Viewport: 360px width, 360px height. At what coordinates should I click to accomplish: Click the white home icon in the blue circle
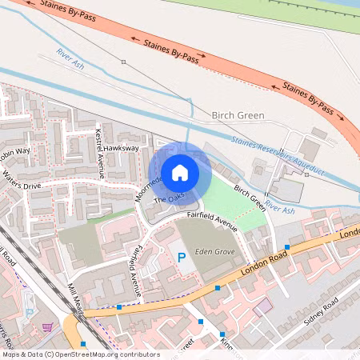[180, 172]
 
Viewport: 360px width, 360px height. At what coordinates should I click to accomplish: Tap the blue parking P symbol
[182, 258]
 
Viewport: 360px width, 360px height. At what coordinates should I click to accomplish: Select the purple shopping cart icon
[49, 326]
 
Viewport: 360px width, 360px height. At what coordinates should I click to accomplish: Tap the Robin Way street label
[14, 152]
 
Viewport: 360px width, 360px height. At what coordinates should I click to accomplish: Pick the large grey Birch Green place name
[238, 115]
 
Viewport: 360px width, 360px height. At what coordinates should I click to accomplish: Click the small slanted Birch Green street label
[250, 197]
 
